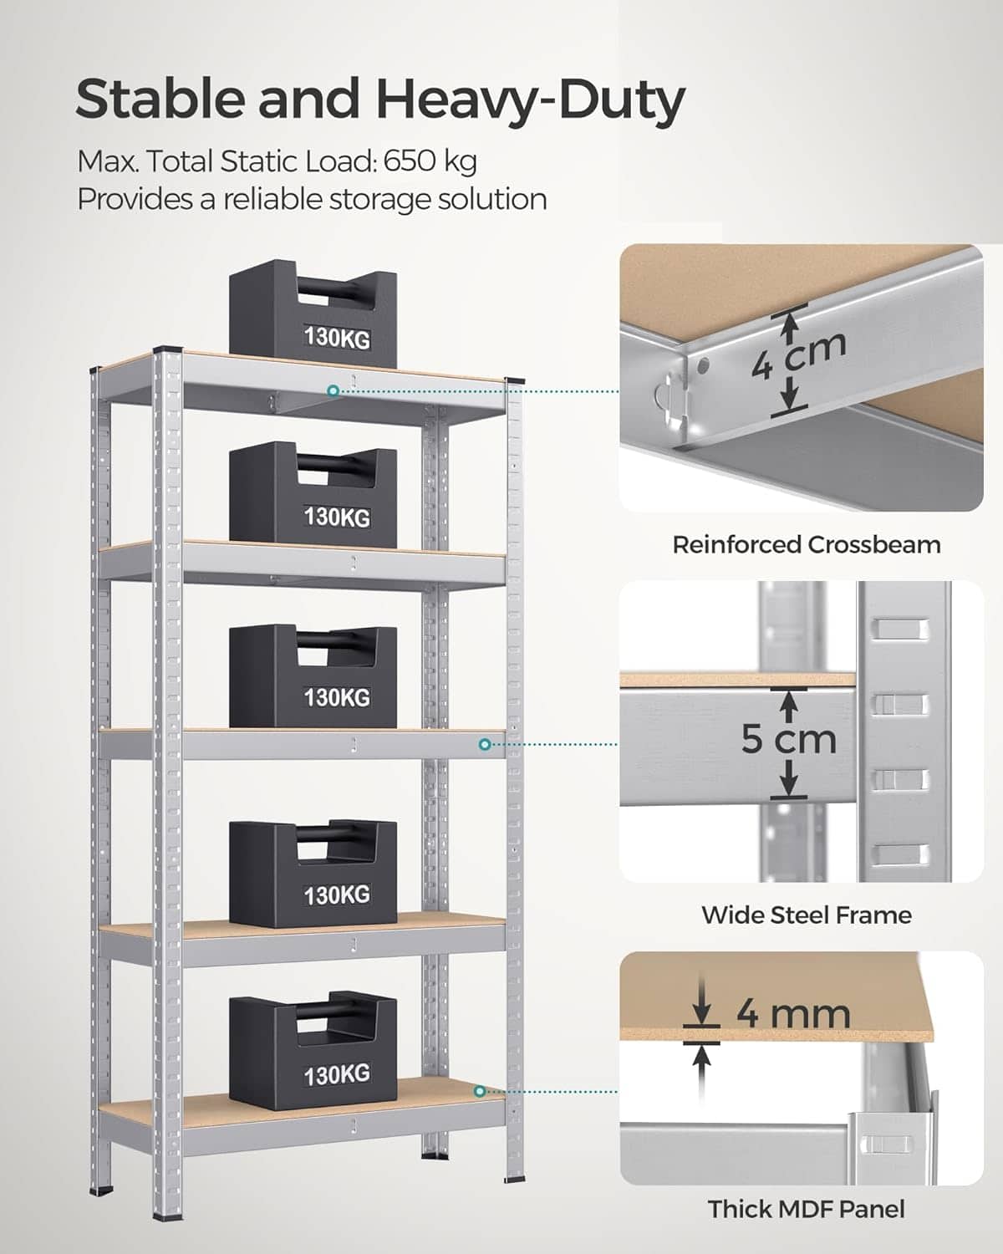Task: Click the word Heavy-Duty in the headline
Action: [531, 99]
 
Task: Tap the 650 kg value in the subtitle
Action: [430, 161]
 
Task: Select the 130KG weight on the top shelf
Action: [313, 314]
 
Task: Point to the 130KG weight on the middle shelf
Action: [313, 676]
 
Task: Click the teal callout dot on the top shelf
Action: [333, 390]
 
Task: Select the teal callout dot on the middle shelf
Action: [484, 744]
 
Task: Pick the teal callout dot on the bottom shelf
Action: [480, 1092]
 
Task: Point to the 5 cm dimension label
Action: [788, 739]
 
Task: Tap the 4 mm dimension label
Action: [793, 1015]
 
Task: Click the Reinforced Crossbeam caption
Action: [807, 545]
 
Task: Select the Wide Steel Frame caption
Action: [807, 915]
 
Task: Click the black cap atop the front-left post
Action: [167, 349]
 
